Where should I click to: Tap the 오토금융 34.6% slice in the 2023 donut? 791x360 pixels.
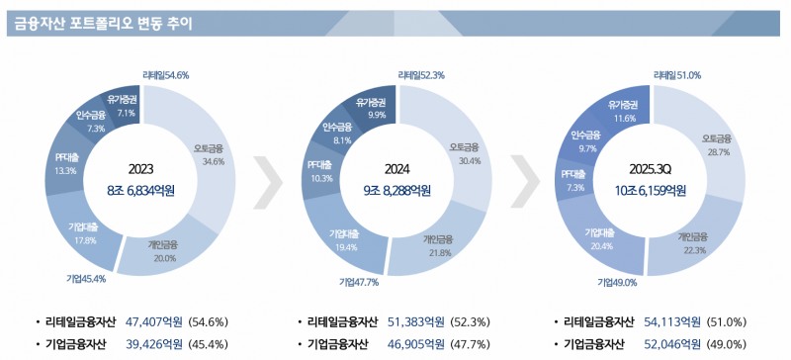pyautogui.click(x=213, y=155)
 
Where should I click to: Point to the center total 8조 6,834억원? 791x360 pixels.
pyautogui.click(x=140, y=190)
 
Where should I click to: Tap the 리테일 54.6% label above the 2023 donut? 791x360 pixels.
pyautogui.click(x=165, y=74)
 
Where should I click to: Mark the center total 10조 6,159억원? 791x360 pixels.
pyautogui.click(x=652, y=190)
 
